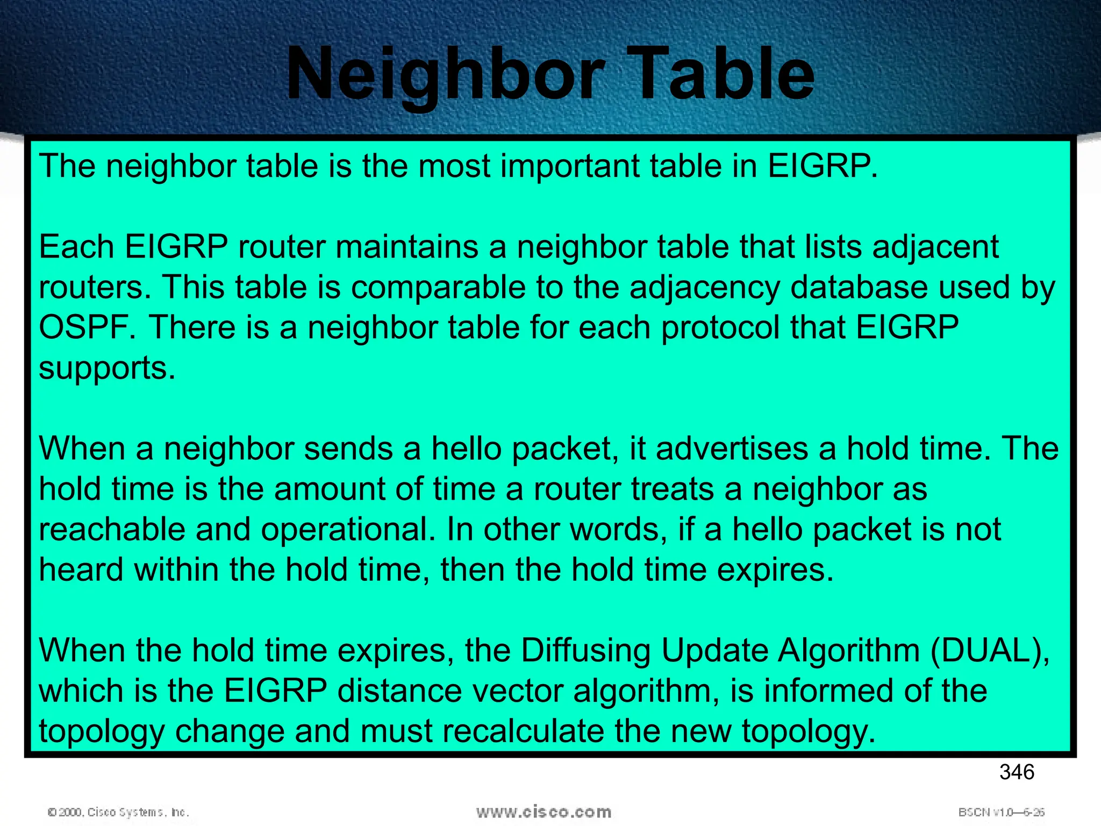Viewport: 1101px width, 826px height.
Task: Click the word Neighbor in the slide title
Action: point(446,74)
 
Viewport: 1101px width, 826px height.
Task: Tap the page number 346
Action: point(1017,772)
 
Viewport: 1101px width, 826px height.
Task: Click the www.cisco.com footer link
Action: point(544,811)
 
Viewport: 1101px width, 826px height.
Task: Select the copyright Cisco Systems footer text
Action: point(118,812)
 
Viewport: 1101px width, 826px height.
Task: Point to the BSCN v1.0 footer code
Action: point(1001,812)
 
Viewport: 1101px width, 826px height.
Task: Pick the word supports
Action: point(107,369)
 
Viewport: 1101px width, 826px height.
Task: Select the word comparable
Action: point(438,287)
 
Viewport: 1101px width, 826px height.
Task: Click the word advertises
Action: point(732,448)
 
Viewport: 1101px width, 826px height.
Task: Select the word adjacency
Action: point(705,288)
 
